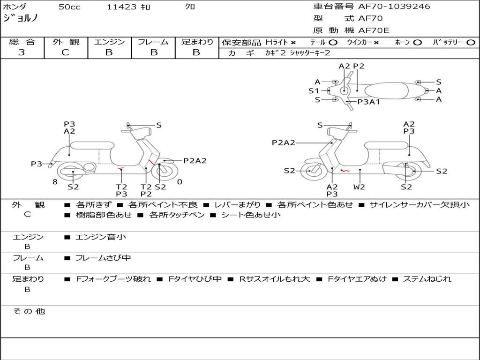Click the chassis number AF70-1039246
pyautogui.click(x=394, y=7)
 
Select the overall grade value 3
pyautogui.click(x=22, y=52)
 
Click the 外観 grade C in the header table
pyautogui.click(x=66, y=52)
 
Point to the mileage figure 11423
pyautogui.click(x=121, y=7)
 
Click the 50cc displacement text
pyautogui.click(x=69, y=7)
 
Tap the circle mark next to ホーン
pyautogui.click(x=417, y=43)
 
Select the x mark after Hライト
pyautogui.click(x=293, y=43)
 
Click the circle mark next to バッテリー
pyautogui.click(x=471, y=43)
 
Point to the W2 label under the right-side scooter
pyautogui.click(x=359, y=187)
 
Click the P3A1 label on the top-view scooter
pyautogui.click(x=368, y=102)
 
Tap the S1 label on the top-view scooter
pyautogui.click(x=314, y=91)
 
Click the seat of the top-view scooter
pyautogui.click(x=386, y=91)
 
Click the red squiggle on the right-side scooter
pyautogui.click(x=345, y=170)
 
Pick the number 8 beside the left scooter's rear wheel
pyautogui.click(x=55, y=182)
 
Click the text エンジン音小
pyautogui.click(x=101, y=237)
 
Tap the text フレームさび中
pyautogui.click(x=103, y=258)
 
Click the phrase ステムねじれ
pyautogui.click(x=427, y=279)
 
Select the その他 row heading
pyautogui.click(x=29, y=311)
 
